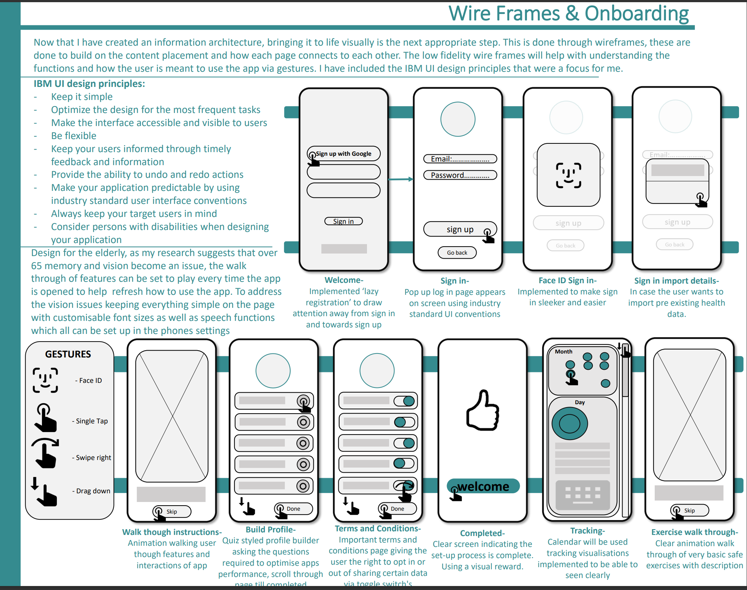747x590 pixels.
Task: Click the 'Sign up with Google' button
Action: coord(343,154)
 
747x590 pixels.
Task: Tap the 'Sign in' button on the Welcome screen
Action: coord(343,221)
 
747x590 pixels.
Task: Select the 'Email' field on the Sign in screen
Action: coord(460,159)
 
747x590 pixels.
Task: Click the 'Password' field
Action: coord(460,175)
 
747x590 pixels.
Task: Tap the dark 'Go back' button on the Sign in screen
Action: coord(457,252)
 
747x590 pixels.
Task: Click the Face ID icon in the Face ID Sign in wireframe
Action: coord(569,175)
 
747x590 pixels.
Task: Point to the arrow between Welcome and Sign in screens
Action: coord(401,179)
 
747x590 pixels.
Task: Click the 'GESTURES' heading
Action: coord(68,354)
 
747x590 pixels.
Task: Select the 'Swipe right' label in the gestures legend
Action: coord(93,457)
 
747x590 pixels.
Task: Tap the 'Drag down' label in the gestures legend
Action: coord(93,491)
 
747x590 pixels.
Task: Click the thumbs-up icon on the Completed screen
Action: coord(483,411)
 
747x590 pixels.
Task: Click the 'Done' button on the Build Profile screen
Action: coord(293,509)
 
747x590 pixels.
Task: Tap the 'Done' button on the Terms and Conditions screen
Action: coord(397,509)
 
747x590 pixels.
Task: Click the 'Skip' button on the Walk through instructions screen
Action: coord(172,511)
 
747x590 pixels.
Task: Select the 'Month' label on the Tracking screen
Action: coord(564,352)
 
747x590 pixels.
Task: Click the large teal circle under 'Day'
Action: coord(570,423)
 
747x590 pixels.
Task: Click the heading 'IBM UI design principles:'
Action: coord(89,84)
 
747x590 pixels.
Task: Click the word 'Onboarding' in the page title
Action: coord(637,14)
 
